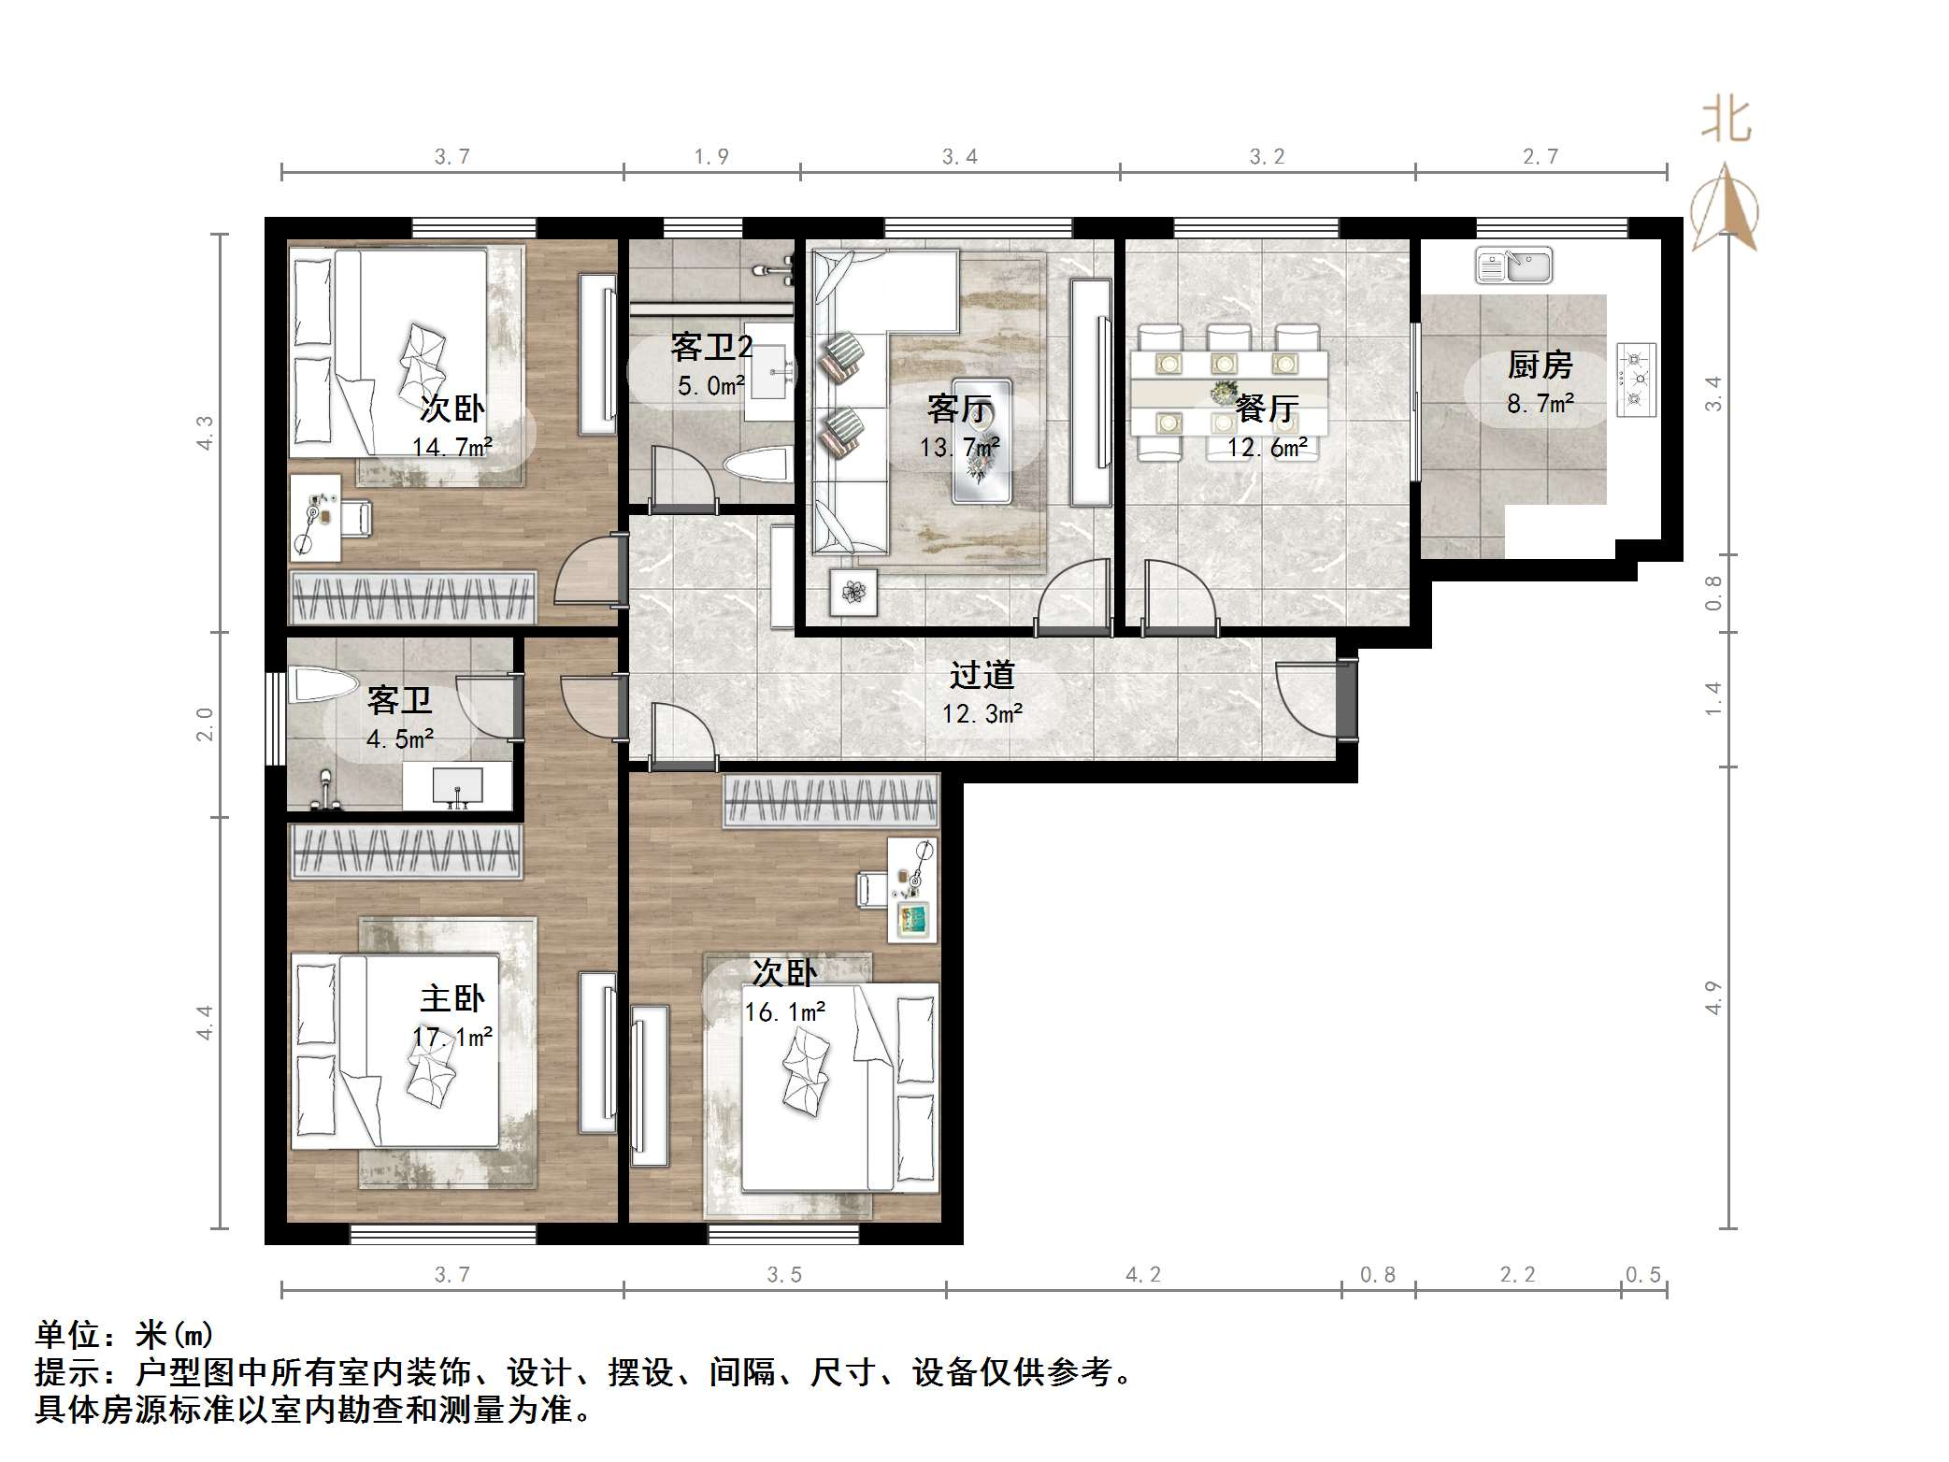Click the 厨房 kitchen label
[x=1540, y=365]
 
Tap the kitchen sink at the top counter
[x=1513, y=265]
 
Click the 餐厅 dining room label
[x=1267, y=408]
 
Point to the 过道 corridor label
[x=982, y=675]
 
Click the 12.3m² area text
[x=982, y=714]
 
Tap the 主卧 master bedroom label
[x=452, y=998]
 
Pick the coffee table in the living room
[x=982, y=440]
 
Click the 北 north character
[x=1726, y=122]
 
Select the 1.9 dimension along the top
[x=711, y=157]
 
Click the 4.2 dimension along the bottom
[x=1142, y=1275]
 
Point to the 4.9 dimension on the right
[x=1713, y=997]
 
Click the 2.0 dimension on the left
[x=205, y=724]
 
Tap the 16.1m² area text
[x=785, y=1012]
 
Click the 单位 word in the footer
[x=69, y=1335]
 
